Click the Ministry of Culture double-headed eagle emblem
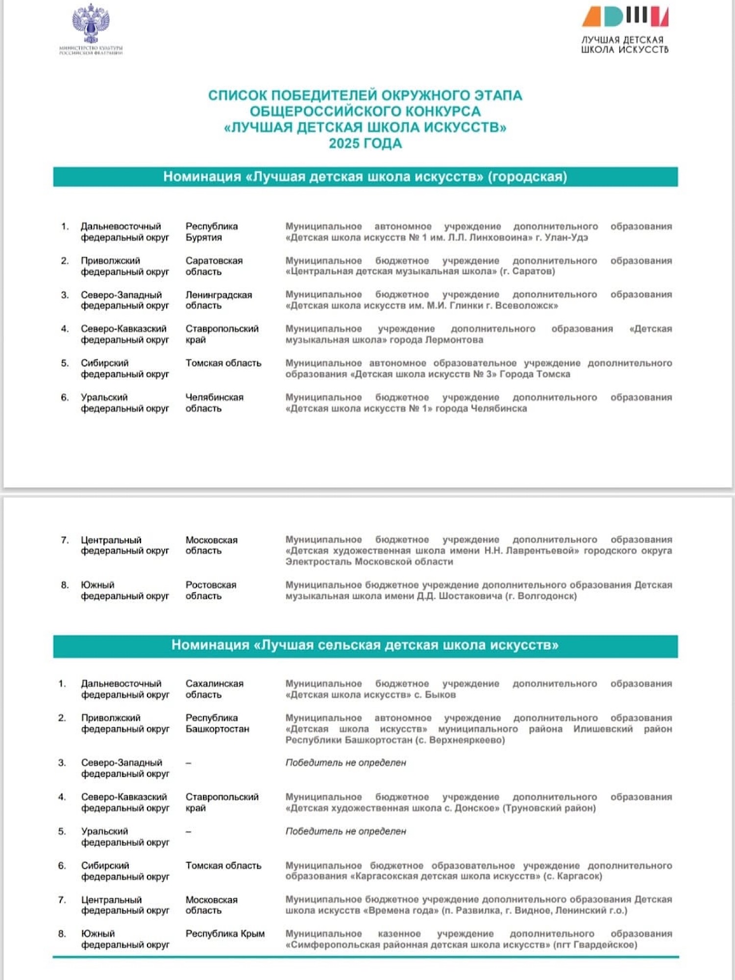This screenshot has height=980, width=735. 91,24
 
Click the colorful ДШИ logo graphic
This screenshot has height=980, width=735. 625,16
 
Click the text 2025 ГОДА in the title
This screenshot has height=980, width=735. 365,144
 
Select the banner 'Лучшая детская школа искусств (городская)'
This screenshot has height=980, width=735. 365,177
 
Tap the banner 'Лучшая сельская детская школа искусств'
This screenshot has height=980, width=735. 365,645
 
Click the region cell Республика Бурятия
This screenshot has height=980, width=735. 211,232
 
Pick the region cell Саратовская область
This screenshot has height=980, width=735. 214,266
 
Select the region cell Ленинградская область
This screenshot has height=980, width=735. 218,300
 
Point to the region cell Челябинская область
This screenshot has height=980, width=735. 214,403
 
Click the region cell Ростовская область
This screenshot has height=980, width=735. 211,590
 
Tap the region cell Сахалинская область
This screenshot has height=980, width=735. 214,689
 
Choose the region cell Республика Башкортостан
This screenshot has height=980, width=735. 217,723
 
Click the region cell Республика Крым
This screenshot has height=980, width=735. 225,933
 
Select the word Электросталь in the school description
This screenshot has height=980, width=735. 318,562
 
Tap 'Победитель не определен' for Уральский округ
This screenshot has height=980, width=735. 345,832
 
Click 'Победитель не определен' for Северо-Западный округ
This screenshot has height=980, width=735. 345,763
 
